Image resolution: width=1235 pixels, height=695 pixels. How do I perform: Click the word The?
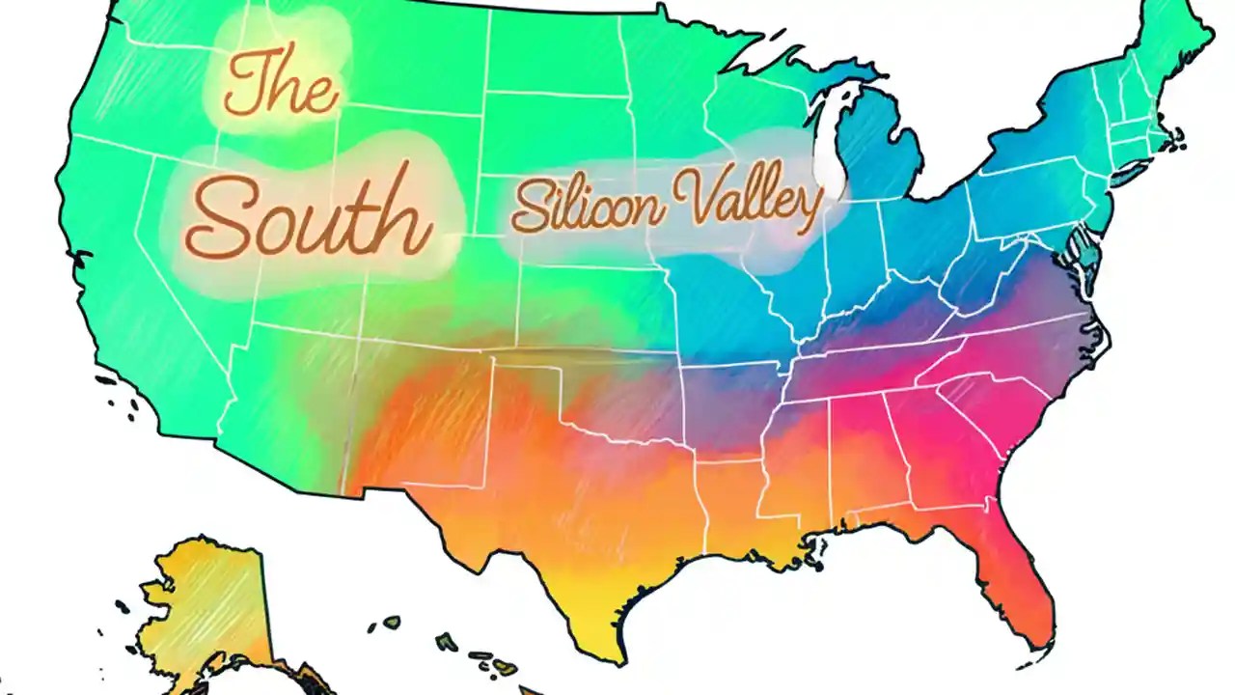pyautogui.click(x=281, y=85)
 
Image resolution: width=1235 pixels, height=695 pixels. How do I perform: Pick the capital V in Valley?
pyautogui.click(x=687, y=197)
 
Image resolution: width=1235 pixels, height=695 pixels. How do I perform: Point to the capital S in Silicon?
pyautogui.click(x=529, y=206)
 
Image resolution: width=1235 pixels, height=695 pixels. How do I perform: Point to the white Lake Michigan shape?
pyautogui.click(x=826, y=145)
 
